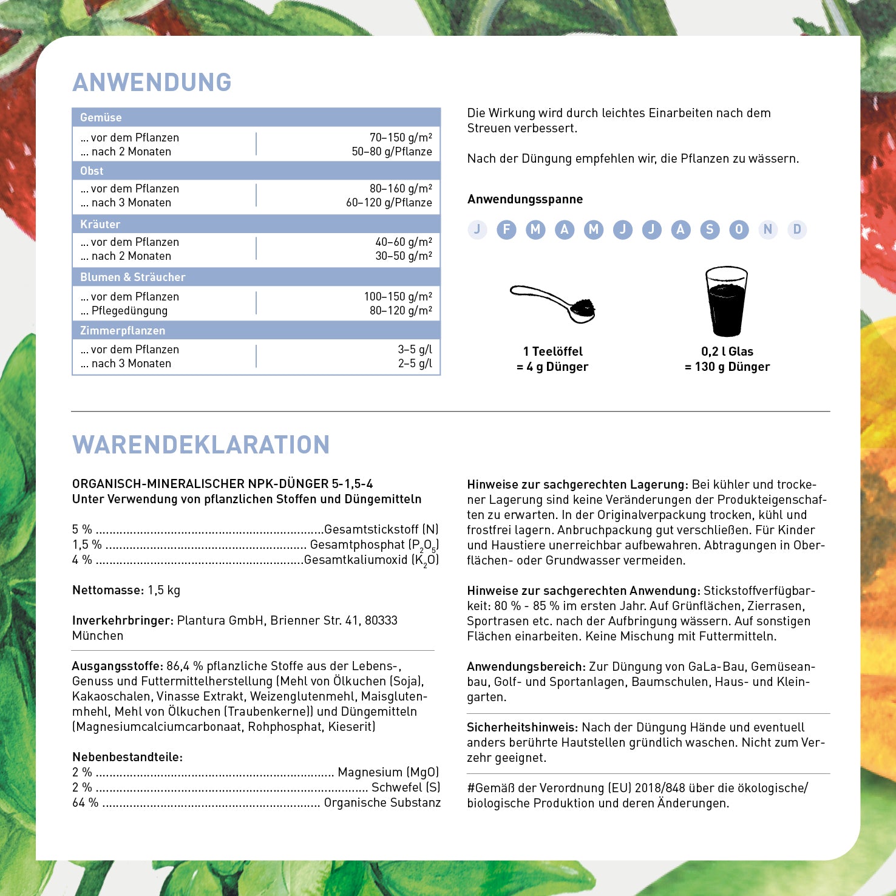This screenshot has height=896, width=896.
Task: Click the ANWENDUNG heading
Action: (152, 83)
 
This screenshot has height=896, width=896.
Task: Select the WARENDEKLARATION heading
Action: (200, 445)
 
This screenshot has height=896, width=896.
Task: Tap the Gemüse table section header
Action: (101, 118)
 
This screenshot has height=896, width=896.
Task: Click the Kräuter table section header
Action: (100, 224)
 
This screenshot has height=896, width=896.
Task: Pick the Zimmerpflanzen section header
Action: (123, 331)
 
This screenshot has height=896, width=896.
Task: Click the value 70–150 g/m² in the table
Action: (401, 138)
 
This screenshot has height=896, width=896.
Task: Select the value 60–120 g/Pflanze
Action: (389, 203)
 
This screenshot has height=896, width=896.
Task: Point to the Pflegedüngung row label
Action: (129, 311)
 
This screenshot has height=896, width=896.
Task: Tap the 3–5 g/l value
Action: (415, 350)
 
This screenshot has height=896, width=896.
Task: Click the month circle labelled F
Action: (506, 229)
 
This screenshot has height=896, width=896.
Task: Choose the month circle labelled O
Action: (739, 229)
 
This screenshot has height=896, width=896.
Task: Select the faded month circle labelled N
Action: (768, 229)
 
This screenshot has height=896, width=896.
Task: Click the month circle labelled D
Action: (797, 229)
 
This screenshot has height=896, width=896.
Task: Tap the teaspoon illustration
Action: (553, 304)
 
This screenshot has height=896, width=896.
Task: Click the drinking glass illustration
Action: (726, 301)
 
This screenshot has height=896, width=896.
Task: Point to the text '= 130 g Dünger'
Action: (727, 367)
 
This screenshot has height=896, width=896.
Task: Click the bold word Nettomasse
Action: (107, 590)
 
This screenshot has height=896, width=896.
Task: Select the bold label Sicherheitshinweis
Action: (522, 727)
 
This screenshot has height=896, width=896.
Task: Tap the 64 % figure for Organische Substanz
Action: (85, 803)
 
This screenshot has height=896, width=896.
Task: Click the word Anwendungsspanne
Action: (525, 199)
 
